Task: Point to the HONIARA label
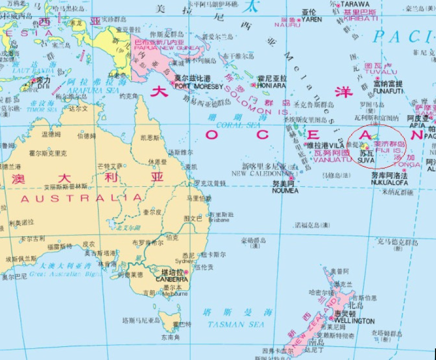[x=271, y=86]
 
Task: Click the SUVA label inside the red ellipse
[x=366, y=161]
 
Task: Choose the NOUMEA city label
[x=286, y=191]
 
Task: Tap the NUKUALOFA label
[x=390, y=183]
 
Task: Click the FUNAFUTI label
[x=388, y=91]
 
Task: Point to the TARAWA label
[x=355, y=4]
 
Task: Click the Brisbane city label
[x=220, y=221]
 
